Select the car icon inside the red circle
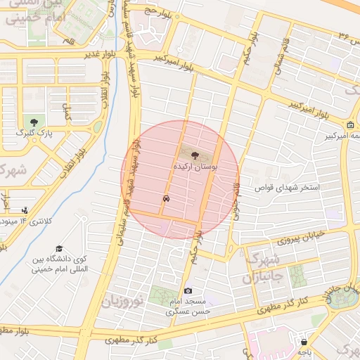click(166, 199)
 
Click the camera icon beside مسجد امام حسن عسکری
click(188, 291)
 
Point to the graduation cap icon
click(59, 249)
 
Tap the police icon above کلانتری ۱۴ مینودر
click(26, 210)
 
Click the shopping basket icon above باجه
click(304, 342)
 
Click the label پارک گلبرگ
click(35, 132)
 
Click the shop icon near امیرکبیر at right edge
click(350, 125)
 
